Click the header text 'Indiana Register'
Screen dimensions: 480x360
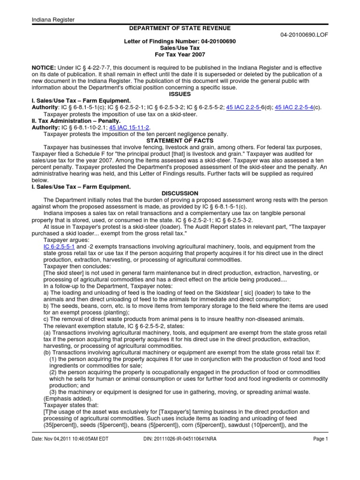(53, 19)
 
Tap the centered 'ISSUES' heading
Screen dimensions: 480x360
(180, 94)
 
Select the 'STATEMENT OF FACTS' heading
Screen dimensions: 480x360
(180, 140)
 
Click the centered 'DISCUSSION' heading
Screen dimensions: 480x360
(180, 193)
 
